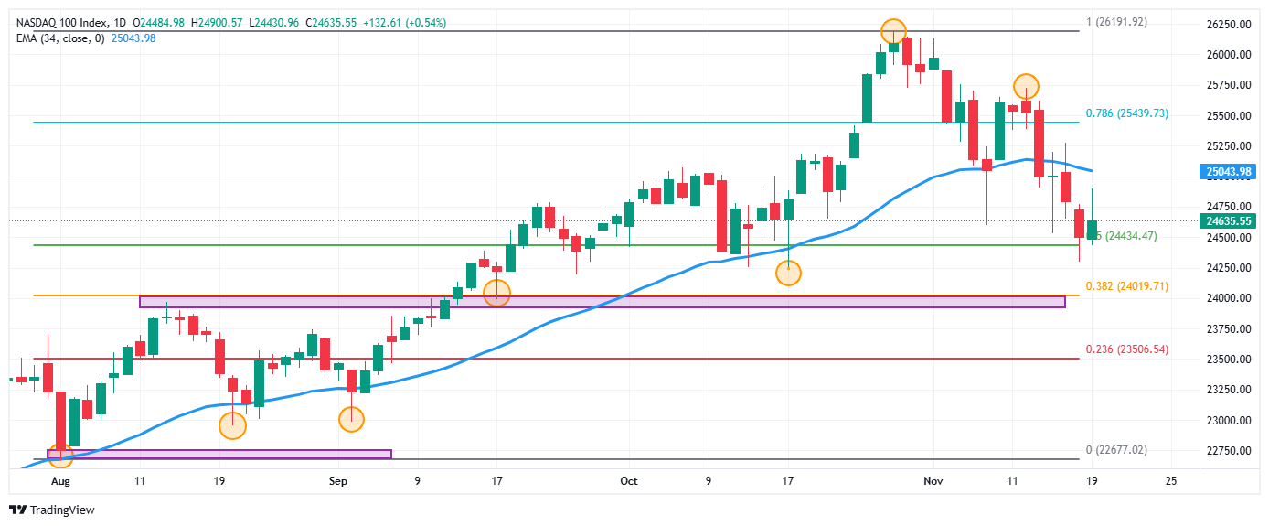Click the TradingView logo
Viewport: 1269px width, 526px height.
tap(52, 510)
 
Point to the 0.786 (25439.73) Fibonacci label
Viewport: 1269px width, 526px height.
tap(1126, 113)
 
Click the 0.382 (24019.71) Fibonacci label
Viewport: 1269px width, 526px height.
tap(1127, 286)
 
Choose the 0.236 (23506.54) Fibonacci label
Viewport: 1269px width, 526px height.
tap(1127, 349)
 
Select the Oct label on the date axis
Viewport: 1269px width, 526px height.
tap(627, 479)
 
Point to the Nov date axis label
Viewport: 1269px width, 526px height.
tap(933, 479)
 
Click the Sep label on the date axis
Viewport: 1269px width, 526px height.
tap(338, 479)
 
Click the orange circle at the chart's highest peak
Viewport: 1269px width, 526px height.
tap(893, 31)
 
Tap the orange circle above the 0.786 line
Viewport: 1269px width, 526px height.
tap(1026, 87)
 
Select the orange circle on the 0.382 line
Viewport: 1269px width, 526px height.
tap(496, 293)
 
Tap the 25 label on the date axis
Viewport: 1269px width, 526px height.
tap(1170, 479)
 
